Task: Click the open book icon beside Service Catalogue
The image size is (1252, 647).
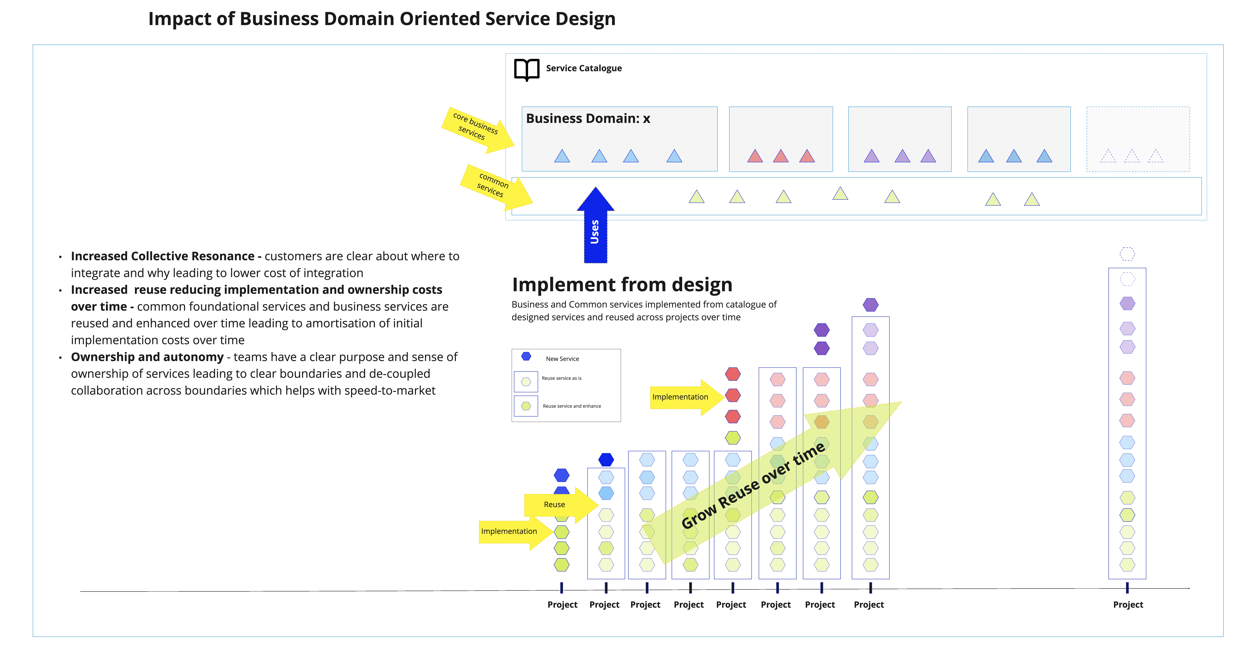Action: [526, 70]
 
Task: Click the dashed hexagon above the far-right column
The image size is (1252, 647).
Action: [1127, 254]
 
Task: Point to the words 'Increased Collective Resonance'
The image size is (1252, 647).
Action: [162, 256]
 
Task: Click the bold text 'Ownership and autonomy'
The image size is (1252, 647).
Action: [147, 357]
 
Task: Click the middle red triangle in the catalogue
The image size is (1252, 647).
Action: [781, 156]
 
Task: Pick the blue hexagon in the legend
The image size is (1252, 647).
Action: [526, 356]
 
